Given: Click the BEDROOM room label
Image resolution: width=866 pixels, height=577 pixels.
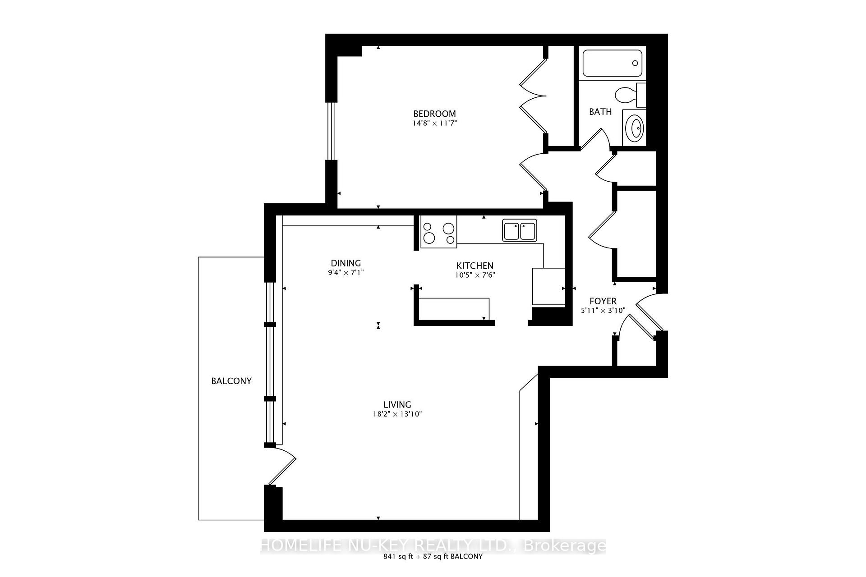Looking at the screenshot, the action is coord(434,114).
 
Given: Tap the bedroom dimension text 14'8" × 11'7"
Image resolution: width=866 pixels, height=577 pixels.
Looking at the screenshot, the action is coord(434,123).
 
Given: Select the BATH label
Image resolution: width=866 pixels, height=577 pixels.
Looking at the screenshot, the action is coord(600,112).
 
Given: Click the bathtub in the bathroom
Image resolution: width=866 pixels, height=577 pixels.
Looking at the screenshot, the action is coord(612,63).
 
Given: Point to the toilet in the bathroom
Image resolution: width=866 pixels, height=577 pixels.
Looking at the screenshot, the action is coord(630,95).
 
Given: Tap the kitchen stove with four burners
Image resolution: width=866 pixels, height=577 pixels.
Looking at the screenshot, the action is coord(438,232).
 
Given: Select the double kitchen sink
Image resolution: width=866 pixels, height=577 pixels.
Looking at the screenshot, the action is coord(520,230).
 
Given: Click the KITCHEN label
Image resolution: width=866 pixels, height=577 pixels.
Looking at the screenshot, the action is coord(474,266).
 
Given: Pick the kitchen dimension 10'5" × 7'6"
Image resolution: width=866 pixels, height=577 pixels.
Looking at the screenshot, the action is coord(475,275).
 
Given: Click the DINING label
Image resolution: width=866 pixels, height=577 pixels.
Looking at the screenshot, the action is coord(346,263).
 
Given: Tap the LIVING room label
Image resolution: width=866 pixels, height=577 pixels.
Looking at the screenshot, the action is coord(397,405).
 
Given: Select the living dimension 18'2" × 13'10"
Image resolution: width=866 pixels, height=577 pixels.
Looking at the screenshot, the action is coord(397,414).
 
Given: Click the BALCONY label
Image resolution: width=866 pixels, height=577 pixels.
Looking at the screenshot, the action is coord(231,381).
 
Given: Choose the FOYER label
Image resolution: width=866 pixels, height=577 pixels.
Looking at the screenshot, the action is coord(603,301).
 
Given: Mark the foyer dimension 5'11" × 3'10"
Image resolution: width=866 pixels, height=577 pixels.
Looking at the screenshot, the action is coord(603,311).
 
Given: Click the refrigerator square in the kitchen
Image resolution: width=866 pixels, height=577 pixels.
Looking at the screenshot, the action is coord(548,287).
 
